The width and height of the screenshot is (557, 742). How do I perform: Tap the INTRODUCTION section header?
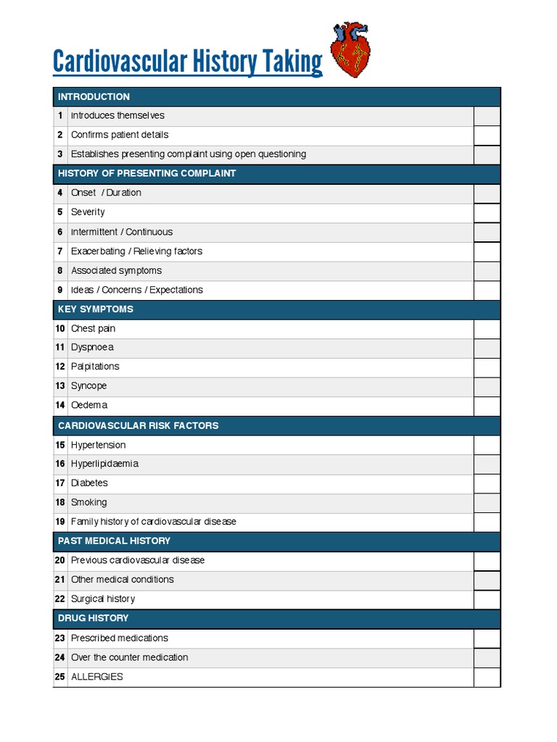click(94, 96)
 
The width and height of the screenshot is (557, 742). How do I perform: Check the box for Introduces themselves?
click(487, 116)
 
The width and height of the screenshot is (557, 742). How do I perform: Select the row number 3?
click(60, 154)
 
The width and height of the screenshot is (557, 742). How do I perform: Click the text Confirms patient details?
click(119, 135)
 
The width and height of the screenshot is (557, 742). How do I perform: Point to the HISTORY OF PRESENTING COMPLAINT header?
click(147, 174)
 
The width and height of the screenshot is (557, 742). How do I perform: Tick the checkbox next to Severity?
click(487, 213)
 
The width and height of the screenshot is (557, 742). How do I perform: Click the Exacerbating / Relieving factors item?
click(136, 251)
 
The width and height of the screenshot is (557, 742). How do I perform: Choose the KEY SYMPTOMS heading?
click(96, 309)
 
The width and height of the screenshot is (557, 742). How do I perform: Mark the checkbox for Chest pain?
click(487, 329)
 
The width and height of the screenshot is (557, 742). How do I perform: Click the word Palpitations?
click(95, 367)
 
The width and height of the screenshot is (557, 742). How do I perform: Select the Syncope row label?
click(88, 386)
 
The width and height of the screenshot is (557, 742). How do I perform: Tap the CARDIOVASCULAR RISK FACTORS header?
click(138, 425)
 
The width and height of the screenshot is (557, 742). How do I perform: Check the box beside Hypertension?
click(487, 445)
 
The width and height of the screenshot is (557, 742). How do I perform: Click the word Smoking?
click(88, 502)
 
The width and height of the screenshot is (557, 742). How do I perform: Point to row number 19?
click(60, 522)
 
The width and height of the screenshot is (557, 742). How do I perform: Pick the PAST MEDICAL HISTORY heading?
click(114, 541)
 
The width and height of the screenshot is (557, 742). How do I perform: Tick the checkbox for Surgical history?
click(487, 599)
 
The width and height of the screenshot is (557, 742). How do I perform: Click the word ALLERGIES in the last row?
click(96, 677)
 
